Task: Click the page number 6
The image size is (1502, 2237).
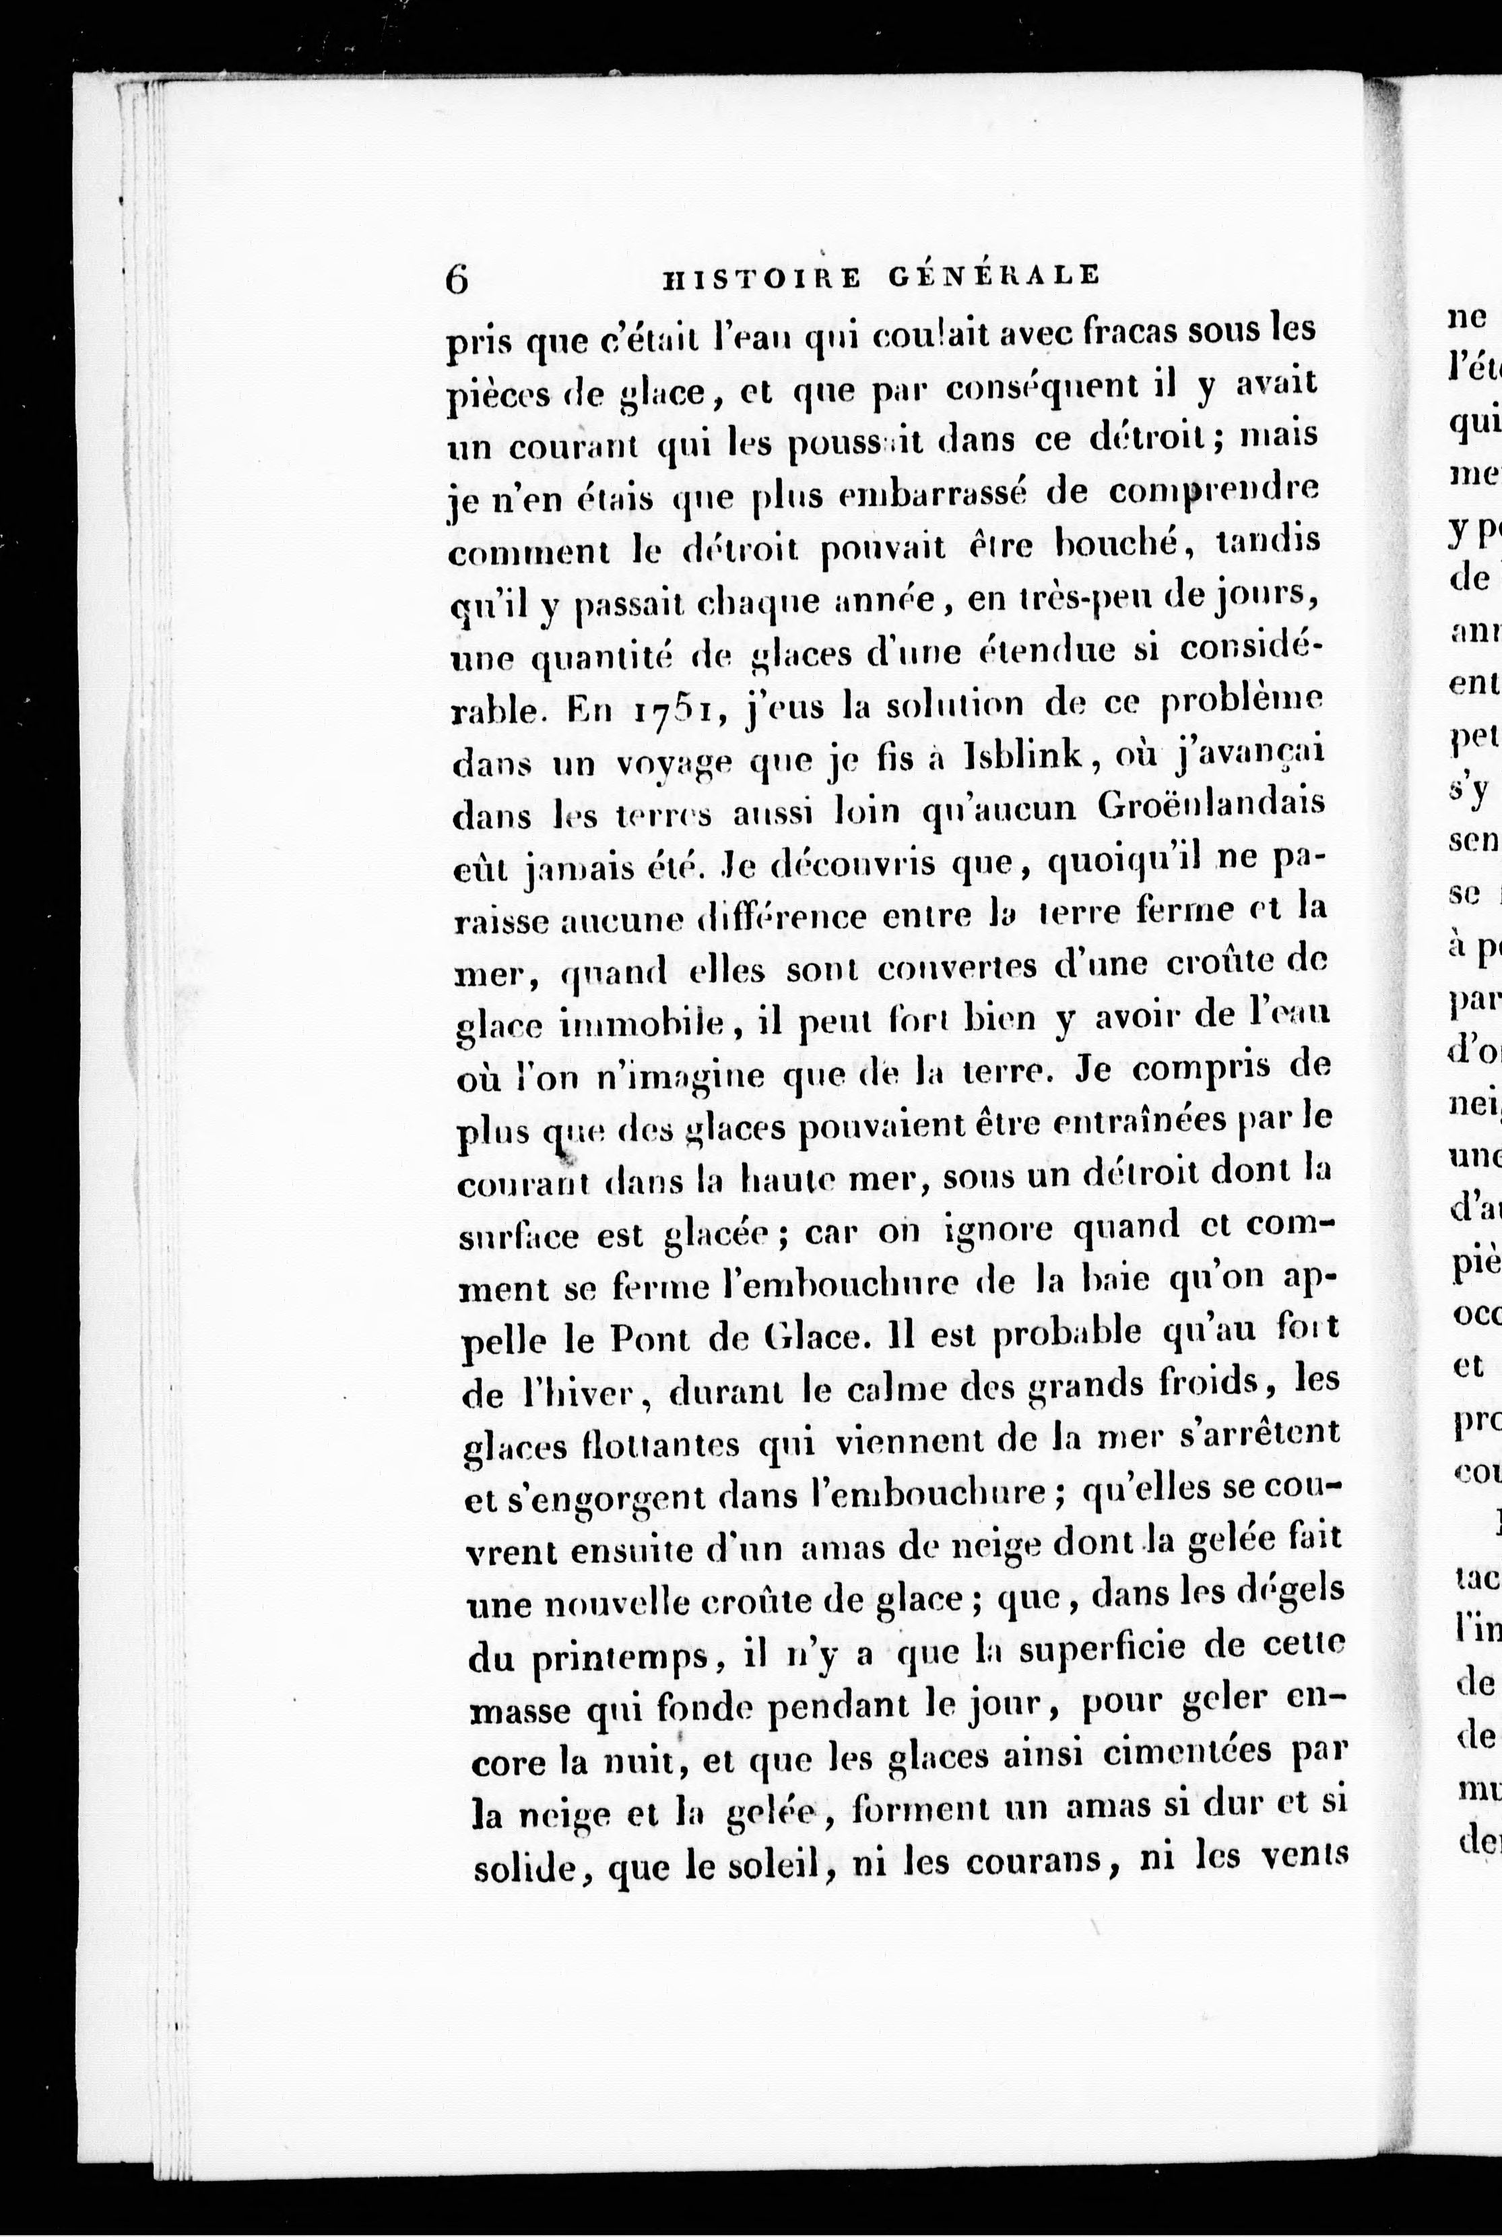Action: [x=457, y=279]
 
